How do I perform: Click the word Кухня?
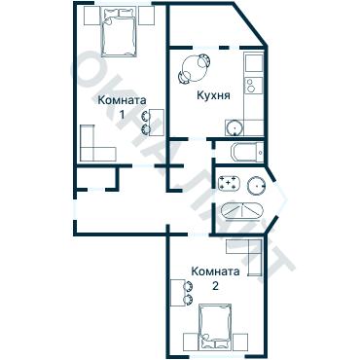click(214, 95)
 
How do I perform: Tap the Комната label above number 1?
click(122, 100)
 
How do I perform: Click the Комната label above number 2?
click(215, 271)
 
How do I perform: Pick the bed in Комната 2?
click(215, 327)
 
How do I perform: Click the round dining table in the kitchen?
click(194, 68)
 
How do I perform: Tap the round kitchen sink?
click(234, 127)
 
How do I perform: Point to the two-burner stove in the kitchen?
click(254, 86)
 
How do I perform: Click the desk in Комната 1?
click(158, 123)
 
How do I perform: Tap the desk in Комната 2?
click(177, 293)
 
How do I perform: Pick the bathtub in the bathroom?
click(241, 211)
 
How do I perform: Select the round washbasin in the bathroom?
click(257, 186)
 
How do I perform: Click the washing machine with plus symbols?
click(230, 184)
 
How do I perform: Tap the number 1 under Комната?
click(122, 115)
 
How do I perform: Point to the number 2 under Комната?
click(215, 286)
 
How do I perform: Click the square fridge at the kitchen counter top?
click(254, 63)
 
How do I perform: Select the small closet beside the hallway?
click(95, 178)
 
